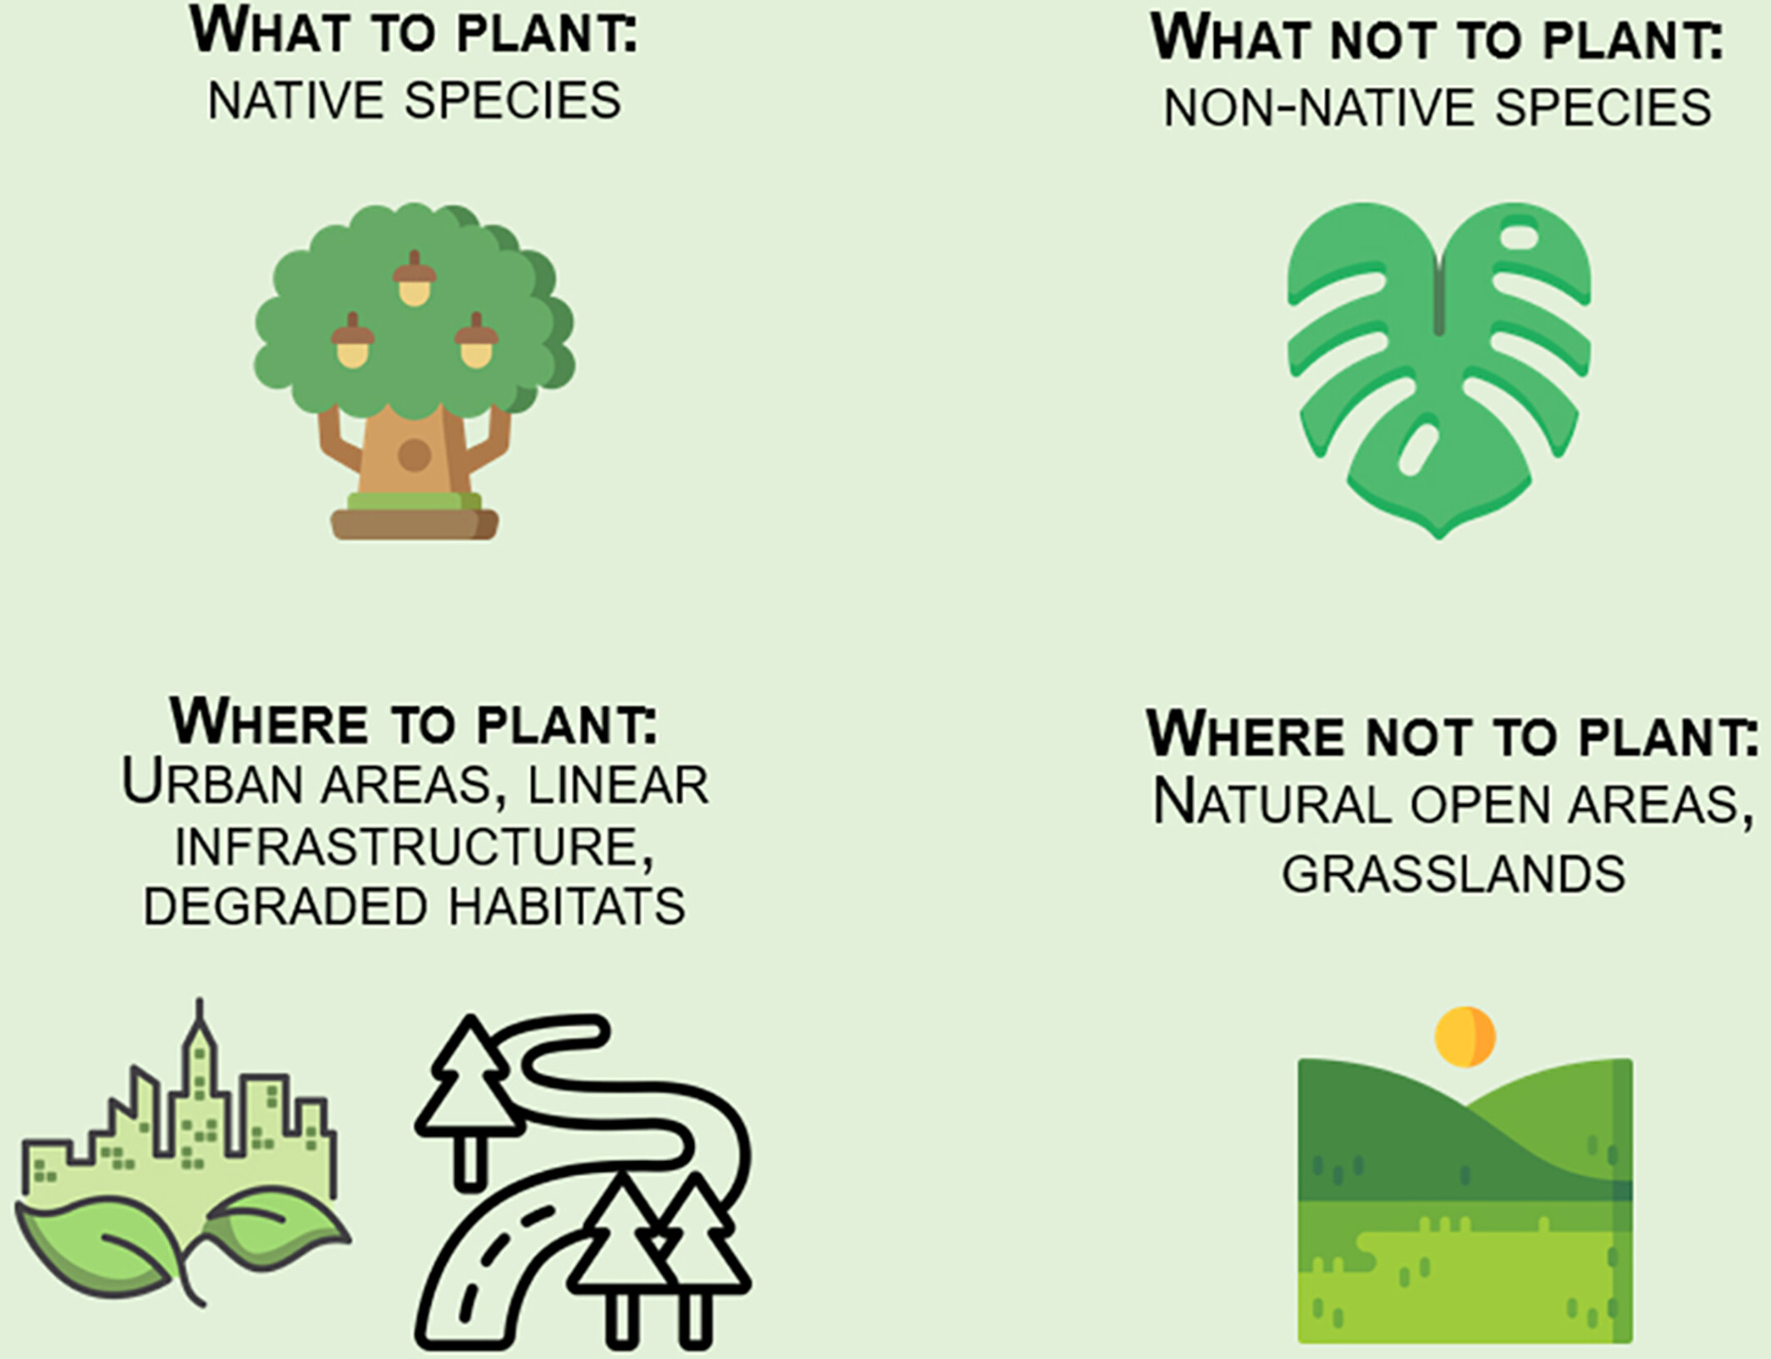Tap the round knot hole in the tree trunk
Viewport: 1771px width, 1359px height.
414,455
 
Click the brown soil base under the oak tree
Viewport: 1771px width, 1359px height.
414,524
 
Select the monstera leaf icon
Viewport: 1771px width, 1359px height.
1439,370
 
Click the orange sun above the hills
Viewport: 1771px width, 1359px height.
1466,1037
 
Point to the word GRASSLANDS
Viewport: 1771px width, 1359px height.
1453,874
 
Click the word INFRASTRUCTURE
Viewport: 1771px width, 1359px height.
414,846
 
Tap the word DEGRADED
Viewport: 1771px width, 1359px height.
286,906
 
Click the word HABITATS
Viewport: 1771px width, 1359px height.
568,906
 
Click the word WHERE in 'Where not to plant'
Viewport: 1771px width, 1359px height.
1245,734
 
